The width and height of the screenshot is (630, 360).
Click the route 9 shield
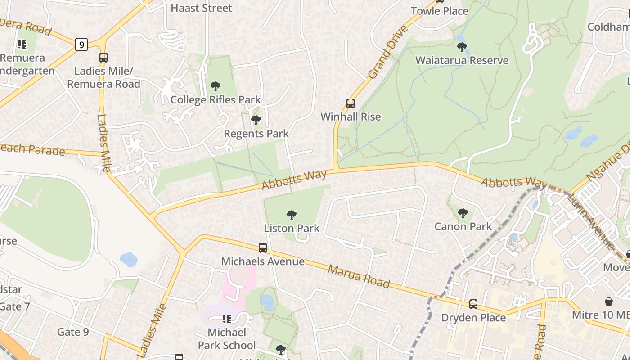tap(81, 45)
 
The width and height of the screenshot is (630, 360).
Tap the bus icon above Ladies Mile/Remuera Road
tap(103, 58)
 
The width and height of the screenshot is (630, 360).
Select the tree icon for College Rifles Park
tap(216, 86)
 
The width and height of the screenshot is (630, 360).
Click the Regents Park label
tap(256, 134)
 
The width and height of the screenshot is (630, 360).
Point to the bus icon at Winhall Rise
tap(351, 103)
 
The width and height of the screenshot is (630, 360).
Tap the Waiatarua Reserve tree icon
tap(462, 47)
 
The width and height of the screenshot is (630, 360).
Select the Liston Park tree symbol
tap(292, 215)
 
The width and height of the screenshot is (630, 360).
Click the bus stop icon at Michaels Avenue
tap(263, 248)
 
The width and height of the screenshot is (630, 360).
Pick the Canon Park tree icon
tap(463, 213)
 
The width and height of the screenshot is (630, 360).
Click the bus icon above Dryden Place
tap(473, 304)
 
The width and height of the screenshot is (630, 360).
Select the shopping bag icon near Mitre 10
tap(608, 301)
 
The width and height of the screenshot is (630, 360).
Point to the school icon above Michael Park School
tap(226, 319)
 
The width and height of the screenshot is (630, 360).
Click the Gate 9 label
tap(73, 332)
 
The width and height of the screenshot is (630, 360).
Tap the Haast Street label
tap(201, 8)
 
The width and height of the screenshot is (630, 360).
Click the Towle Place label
tap(440, 11)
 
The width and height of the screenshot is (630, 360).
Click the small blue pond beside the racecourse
tap(129, 259)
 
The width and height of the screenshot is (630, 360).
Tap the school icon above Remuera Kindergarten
tap(22, 45)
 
